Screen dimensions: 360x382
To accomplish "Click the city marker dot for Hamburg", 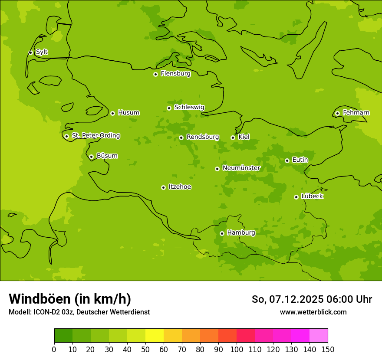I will (x=222, y=233).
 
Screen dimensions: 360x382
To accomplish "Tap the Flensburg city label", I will (x=175, y=74).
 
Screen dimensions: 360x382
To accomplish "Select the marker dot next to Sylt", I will (x=30, y=52).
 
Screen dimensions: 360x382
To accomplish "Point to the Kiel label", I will (x=244, y=137).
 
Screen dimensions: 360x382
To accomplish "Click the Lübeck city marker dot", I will (x=296, y=197).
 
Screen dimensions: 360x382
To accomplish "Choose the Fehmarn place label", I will (x=356, y=113).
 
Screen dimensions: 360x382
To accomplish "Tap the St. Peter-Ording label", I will (x=96, y=136).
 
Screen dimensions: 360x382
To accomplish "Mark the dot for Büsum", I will (x=91, y=157).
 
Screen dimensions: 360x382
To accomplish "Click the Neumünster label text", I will (x=241, y=168).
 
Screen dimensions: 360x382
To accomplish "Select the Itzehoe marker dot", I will (x=163, y=187).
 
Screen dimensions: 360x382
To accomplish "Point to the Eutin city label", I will (x=300, y=160).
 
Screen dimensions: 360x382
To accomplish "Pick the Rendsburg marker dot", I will (x=181, y=137).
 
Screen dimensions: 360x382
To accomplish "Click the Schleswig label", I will (x=189, y=107).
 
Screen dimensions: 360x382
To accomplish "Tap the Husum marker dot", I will (x=112, y=113).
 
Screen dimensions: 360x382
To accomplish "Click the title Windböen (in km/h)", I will (x=70, y=299).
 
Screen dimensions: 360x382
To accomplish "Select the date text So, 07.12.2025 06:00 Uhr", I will (x=312, y=299).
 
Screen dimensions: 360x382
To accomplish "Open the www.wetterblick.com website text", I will (x=313, y=312).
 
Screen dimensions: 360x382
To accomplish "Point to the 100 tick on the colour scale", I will (x=237, y=349).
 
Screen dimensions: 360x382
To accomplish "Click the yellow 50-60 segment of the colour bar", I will (x=155, y=336).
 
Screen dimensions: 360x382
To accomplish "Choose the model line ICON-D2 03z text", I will (x=79, y=312).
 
